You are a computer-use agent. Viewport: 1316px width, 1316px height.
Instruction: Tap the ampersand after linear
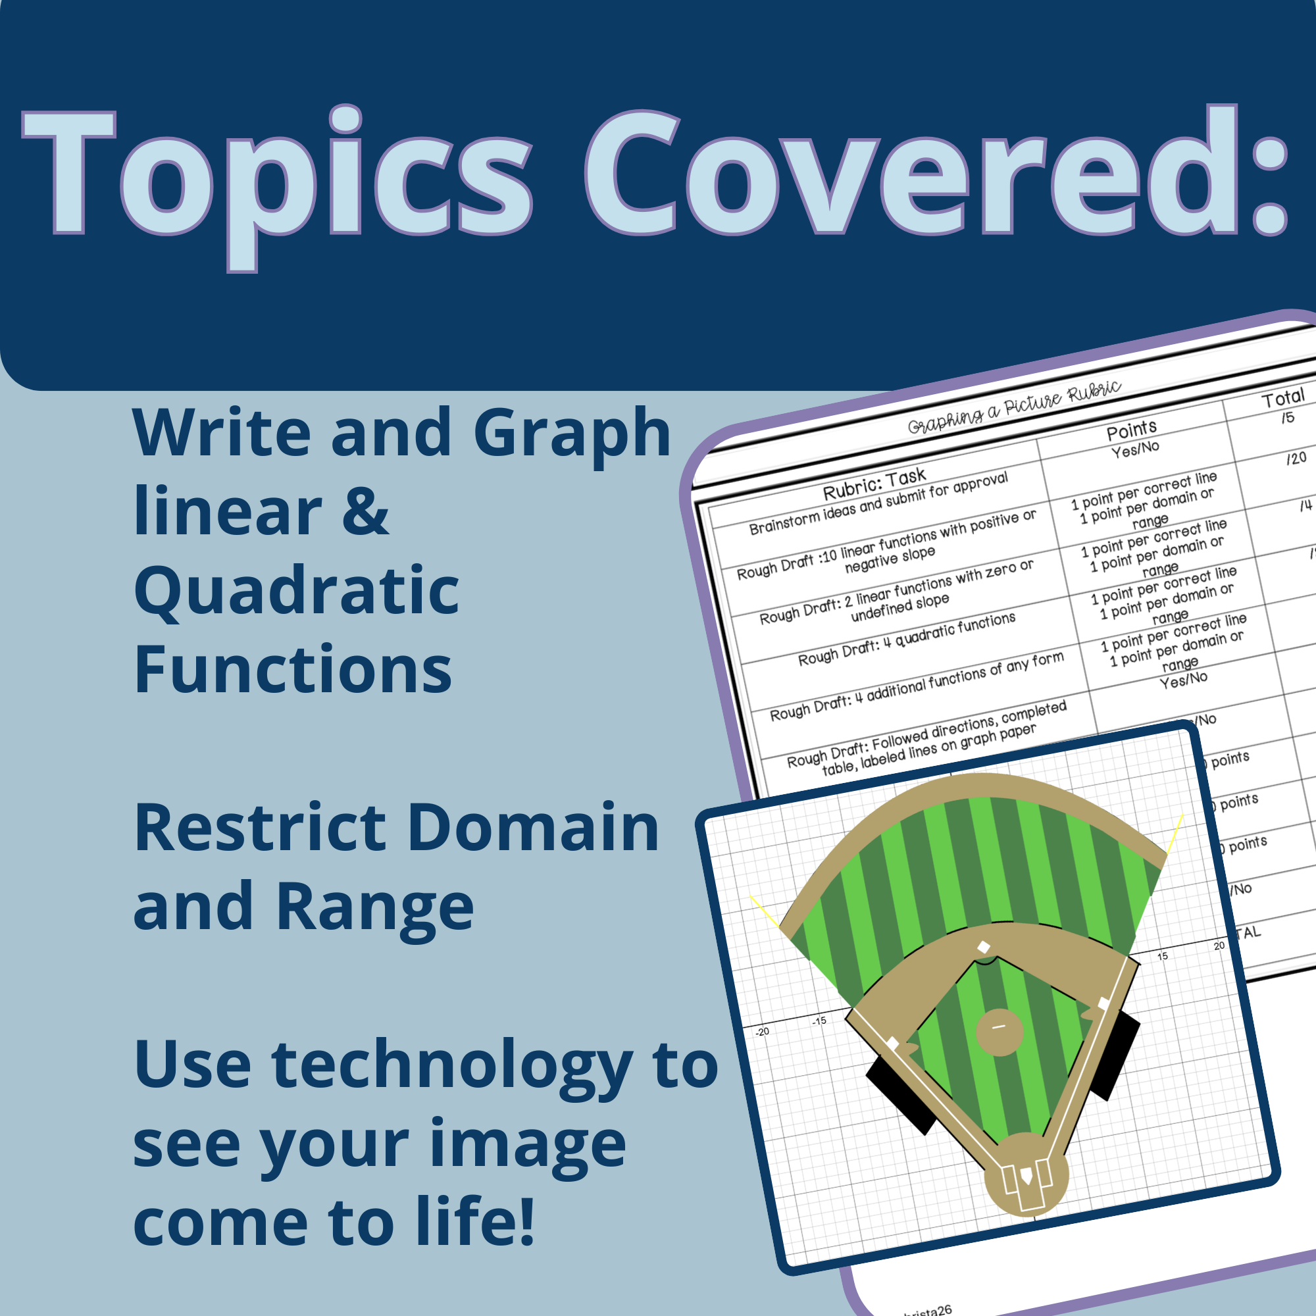coord(365,512)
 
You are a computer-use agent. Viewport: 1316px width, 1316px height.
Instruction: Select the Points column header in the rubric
coord(1131,430)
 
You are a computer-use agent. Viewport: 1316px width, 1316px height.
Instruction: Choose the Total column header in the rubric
coord(1282,398)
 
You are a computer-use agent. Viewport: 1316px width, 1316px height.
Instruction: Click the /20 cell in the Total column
coord(1296,458)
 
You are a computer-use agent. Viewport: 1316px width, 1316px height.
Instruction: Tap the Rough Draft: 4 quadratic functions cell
coord(907,640)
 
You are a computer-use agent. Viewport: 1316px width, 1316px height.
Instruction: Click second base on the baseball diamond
coord(984,948)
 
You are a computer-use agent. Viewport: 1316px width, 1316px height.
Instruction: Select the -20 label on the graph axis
coord(762,1032)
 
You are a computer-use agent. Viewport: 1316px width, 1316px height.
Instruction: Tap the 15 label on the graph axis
coord(1163,956)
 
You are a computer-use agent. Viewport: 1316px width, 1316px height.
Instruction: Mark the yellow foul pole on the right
coord(1175,834)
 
